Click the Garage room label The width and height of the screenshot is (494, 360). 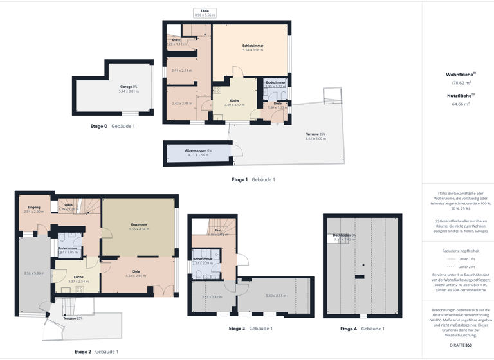click(129, 87)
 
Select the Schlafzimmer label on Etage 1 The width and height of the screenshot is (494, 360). click(253, 46)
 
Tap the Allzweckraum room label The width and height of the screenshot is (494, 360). click(198, 150)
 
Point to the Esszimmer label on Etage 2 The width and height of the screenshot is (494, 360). click(139, 225)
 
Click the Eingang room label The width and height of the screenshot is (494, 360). click(33, 207)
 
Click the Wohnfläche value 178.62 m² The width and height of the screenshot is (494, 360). click(461, 83)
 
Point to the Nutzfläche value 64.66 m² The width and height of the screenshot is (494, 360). click(461, 104)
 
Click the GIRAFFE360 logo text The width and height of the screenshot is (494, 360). click(461, 345)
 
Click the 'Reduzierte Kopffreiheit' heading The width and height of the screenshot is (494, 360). click(461, 251)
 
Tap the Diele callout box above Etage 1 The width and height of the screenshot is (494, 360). click(205, 13)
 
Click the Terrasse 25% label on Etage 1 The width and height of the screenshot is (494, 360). click(316, 134)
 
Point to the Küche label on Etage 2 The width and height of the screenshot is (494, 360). click(78, 277)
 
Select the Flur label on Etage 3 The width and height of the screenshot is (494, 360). click(217, 230)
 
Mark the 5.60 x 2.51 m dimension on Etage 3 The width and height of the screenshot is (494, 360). click(275, 296)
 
